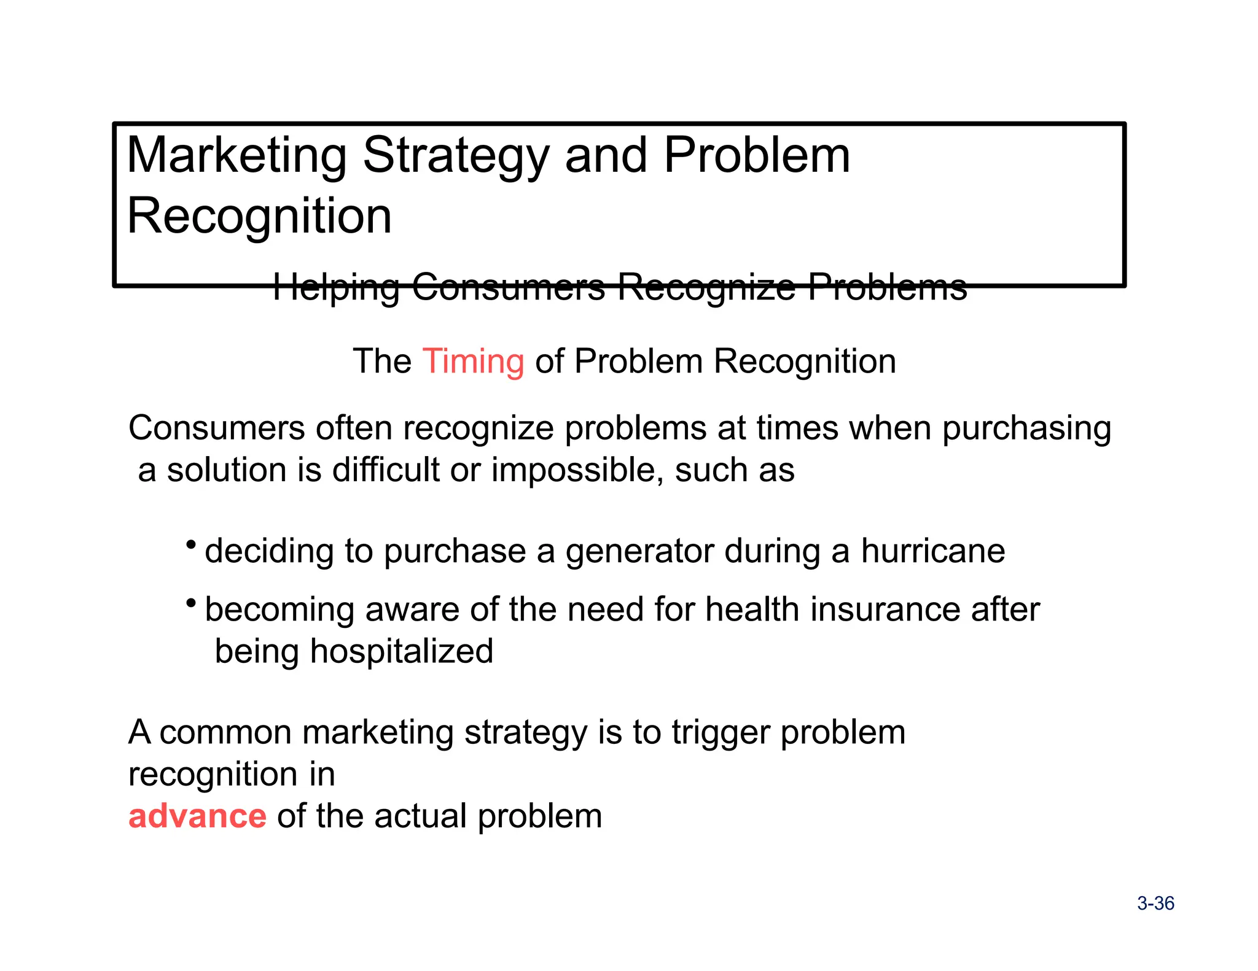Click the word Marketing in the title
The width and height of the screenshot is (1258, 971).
point(236,156)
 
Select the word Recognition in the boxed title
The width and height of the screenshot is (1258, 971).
point(259,216)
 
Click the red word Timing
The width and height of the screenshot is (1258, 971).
point(473,361)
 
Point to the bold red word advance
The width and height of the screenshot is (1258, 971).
point(197,816)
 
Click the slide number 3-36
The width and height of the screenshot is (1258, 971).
point(1155,903)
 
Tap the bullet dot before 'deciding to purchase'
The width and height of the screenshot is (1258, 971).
point(191,544)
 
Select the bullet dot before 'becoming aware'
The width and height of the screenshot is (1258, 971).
point(191,603)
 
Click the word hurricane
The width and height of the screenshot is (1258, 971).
point(932,551)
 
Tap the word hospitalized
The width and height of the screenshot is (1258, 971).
point(401,651)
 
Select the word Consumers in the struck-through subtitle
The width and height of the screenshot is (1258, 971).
point(509,287)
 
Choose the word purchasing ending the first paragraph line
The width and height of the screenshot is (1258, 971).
point(1026,429)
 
